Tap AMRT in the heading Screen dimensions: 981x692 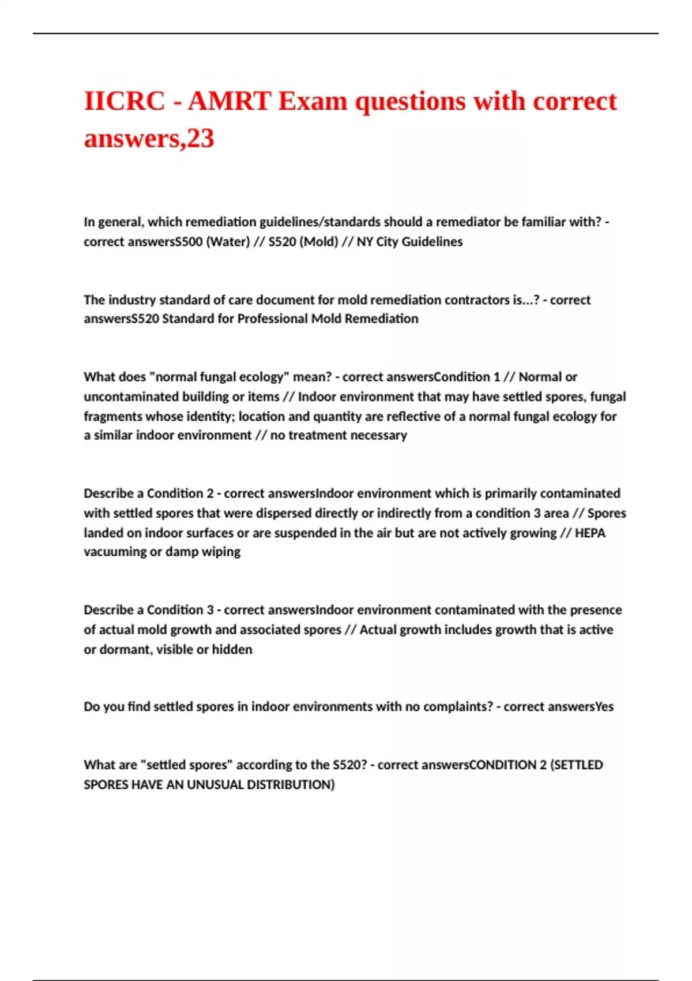pyautogui.click(x=229, y=102)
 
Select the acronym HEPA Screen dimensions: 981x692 pyautogui.click(x=590, y=533)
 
